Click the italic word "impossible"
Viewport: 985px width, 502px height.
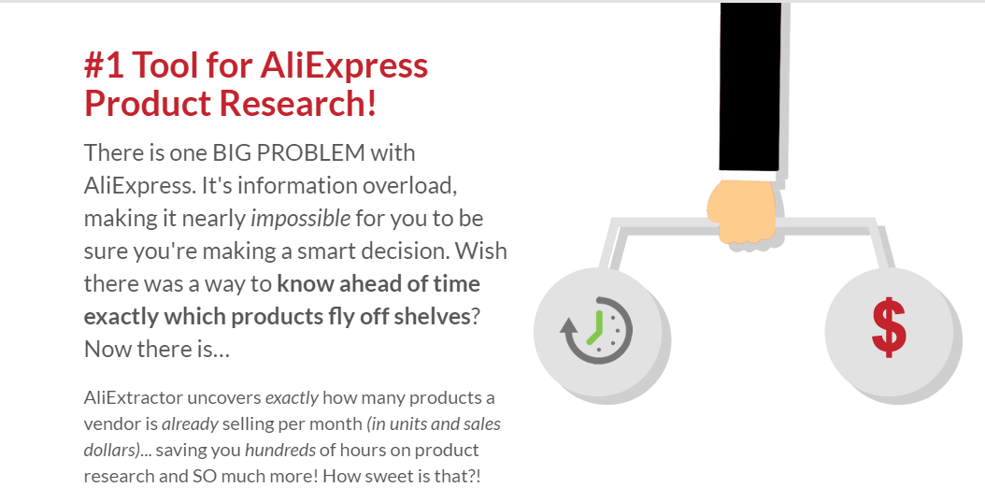pyautogui.click(x=300, y=219)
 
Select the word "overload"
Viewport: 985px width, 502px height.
pyautogui.click(x=410, y=185)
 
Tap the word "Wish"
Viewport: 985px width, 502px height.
pyautogui.click(x=484, y=251)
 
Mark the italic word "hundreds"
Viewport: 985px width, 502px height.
pyautogui.click(x=279, y=451)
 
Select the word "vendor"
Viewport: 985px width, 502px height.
pyautogui.click(x=108, y=424)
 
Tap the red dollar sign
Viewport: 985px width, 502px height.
pyautogui.click(x=889, y=328)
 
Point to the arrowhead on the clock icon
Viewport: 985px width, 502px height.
pyautogui.click(x=569, y=326)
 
